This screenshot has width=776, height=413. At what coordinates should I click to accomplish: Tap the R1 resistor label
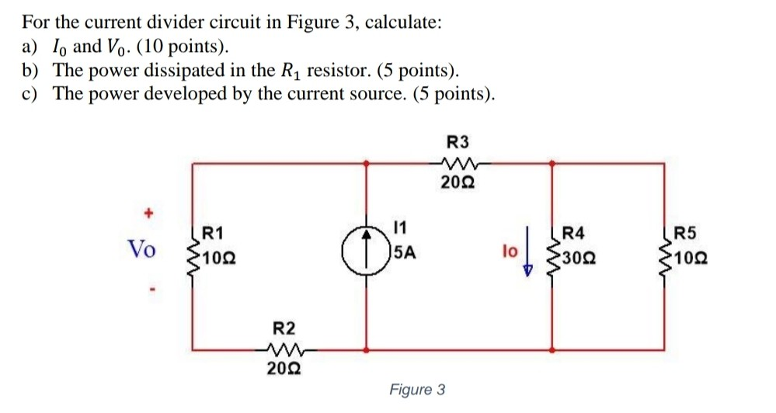coord(212,231)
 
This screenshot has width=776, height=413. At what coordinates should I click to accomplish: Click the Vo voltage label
coord(141,249)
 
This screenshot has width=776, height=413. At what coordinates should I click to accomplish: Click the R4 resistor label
coord(577,231)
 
